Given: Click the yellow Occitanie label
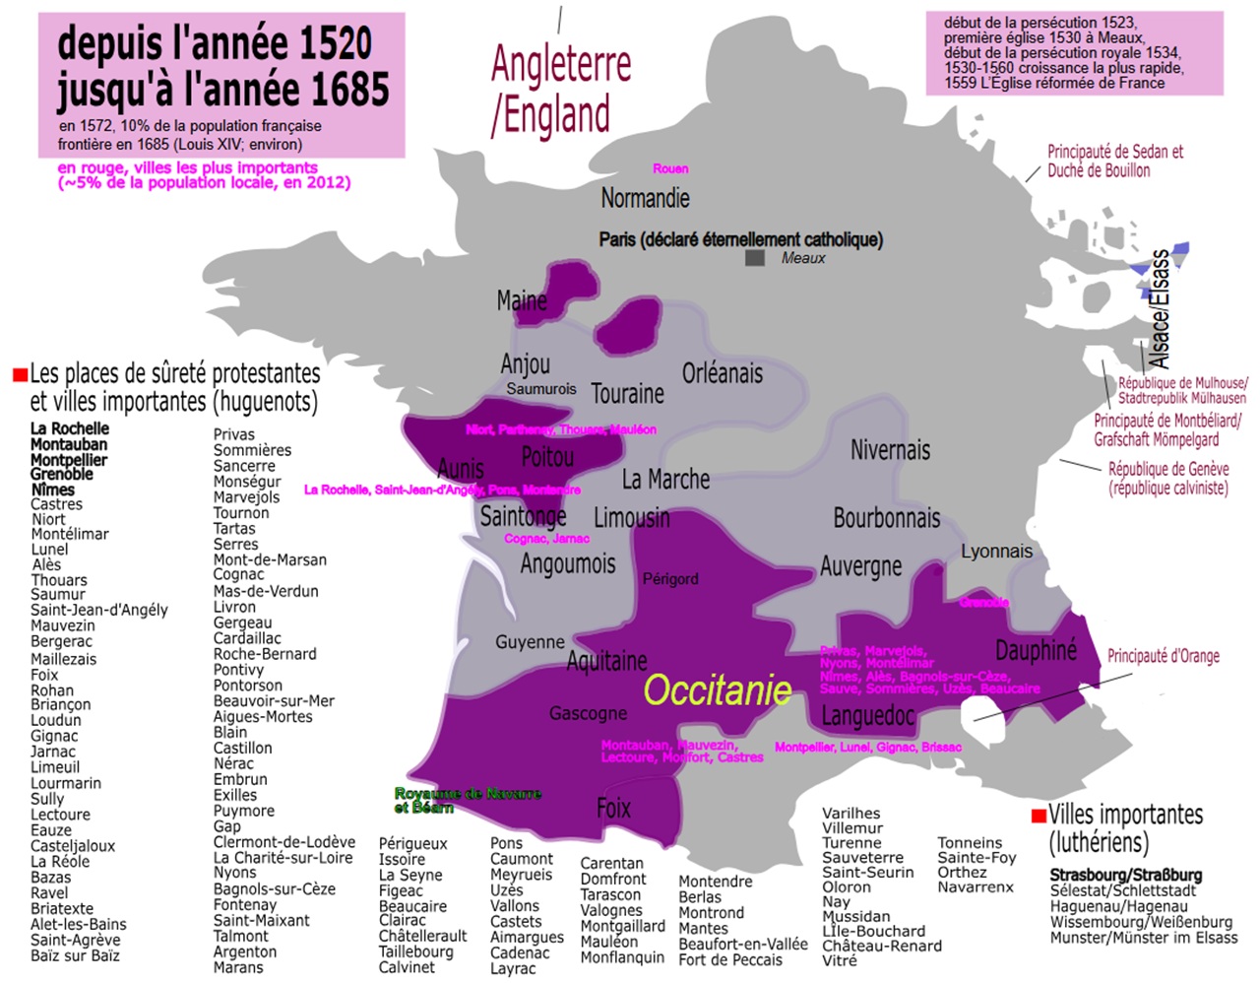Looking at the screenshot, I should [718, 690].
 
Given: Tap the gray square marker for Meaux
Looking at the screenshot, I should [755, 258].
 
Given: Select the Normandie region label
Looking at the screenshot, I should [645, 198].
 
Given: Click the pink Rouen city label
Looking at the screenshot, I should [670, 168].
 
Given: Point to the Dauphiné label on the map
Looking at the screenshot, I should [1036, 650].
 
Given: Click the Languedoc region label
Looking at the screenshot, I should [867, 715].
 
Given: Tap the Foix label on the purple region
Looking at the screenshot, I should [613, 809].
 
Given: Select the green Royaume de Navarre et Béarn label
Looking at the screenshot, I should [468, 800].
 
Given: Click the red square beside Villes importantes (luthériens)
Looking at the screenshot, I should [1038, 817].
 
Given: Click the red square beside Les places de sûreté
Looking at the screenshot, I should [20, 375].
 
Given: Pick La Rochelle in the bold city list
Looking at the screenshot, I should [70, 428].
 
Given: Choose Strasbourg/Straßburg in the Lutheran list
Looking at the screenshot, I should [1125, 875].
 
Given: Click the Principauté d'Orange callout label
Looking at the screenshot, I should [1163, 656].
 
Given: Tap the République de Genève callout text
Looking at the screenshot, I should [1167, 478].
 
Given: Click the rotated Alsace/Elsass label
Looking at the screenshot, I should [1161, 308].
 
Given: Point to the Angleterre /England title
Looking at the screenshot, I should [559, 89].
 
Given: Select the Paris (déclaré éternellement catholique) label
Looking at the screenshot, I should [740, 239].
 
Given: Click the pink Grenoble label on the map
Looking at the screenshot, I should [984, 602].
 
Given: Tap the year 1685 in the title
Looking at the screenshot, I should [344, 90].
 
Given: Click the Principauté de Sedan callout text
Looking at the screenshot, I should [1114, 161].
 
